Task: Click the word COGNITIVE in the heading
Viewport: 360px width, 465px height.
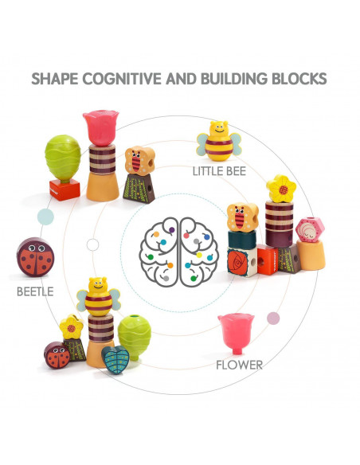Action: coord(122,79)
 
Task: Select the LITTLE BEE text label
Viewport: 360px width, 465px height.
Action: coord(219,171)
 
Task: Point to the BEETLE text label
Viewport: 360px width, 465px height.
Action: coord(35,291)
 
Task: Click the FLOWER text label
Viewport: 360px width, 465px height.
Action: coord(239,365)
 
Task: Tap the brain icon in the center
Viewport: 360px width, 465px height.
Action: coord(179,252)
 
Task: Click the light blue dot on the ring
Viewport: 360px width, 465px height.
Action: coord(45,217)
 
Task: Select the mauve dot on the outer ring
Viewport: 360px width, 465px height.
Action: coord(273,318)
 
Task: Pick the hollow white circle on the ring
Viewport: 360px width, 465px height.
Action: coord(93,245)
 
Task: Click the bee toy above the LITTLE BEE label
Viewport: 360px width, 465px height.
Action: coord(219,141)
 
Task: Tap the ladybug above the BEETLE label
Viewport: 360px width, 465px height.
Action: coord(35,257)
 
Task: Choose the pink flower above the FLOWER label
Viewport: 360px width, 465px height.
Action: coord(236,334)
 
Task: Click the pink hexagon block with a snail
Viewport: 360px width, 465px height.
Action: coord(310,230)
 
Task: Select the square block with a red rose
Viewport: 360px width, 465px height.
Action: coord(241,262)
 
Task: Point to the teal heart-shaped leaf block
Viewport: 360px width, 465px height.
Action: coord(115,359)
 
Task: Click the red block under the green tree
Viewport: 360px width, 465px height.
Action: coord(65,190)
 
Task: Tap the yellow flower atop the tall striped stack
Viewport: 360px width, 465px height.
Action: coord(281,189)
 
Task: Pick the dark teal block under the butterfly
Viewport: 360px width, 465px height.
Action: coord(242,240)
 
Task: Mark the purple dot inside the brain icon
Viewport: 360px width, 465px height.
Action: coord(172,229)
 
